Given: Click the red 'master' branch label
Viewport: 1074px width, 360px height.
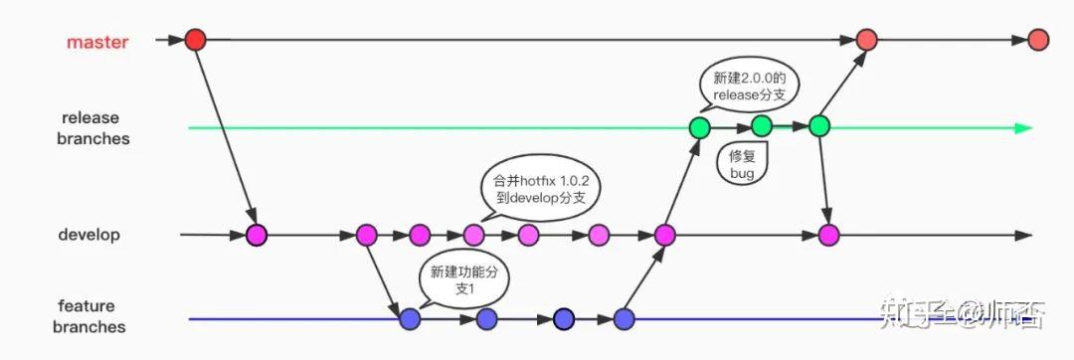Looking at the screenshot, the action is point(96,43).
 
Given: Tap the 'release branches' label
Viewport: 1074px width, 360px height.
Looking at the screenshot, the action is point(95,128).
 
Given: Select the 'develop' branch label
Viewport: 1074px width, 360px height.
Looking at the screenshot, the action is point(89,235).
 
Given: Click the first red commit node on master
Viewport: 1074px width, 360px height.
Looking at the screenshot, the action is point(195,40).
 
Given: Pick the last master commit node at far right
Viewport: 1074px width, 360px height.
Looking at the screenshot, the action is point(1038,40).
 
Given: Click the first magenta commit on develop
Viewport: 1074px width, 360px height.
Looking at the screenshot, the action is point(257,236).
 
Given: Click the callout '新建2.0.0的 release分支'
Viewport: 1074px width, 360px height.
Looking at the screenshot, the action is point(750,86).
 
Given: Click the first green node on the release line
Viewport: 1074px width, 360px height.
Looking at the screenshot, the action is point(700,127).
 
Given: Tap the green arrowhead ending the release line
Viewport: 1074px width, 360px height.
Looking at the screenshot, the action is point(1024,127).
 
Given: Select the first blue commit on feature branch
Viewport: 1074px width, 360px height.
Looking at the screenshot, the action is point(409,319).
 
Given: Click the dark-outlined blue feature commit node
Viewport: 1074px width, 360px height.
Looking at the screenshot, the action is point(564,319).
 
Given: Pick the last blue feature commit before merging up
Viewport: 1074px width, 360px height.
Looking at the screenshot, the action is point(624,319).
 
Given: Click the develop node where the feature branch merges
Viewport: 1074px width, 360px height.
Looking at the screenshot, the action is point(664,236).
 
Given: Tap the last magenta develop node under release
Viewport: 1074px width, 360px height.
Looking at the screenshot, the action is point(828,236).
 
